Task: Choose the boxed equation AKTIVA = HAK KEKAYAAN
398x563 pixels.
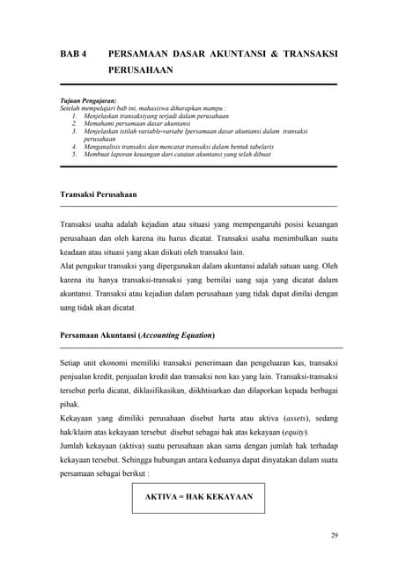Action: click(199, 497)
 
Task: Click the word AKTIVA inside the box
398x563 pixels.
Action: click(164, 497)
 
